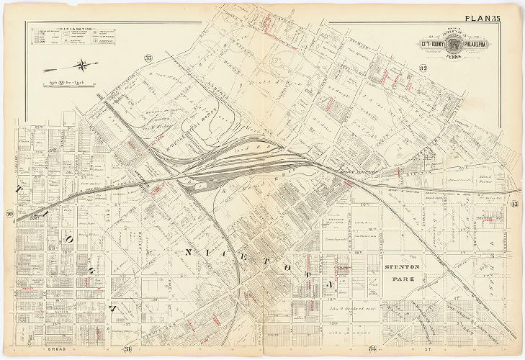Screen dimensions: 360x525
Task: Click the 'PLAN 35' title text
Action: pyautogui.click(x=488, y=19)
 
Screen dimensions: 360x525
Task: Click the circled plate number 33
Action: pyautogui.click(x=148, y=58)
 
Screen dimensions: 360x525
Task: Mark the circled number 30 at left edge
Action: pyautogui.click(x=9, y=214)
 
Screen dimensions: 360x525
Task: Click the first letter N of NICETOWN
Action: pyautogui.click(x=189, y=252)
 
